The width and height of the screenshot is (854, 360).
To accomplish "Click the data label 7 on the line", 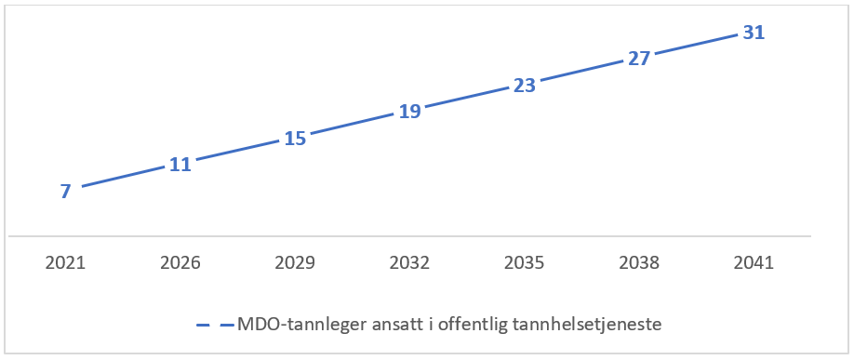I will [x=65, y=192].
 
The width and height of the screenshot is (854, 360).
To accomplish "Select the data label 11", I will [x=180, y=165].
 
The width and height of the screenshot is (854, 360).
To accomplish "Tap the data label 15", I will [x=295, y=139].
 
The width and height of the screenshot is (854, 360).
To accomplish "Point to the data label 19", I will [x=409, y=112].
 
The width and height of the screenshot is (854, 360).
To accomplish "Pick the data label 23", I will [x=525, y=86].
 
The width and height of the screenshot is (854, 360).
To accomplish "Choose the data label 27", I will [x=639, y=59].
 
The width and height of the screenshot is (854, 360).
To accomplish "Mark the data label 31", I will [x=754, y=33].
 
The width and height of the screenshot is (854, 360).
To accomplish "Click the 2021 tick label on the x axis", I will [x=65, y=263].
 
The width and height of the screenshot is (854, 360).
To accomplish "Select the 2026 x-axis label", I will [x=180, y=263].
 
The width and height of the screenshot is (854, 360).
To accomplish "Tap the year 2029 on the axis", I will [x=295, y=263].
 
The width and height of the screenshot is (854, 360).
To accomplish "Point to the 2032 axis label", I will [x=409, y=263].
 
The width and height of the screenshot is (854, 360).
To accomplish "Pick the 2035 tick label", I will [x=525, y=263].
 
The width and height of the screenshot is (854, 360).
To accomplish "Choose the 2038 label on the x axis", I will [x=639, y=263].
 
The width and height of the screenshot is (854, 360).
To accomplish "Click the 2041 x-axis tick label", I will [x=754, y=263].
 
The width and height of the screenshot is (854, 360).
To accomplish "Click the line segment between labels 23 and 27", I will [x=581, y=73].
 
